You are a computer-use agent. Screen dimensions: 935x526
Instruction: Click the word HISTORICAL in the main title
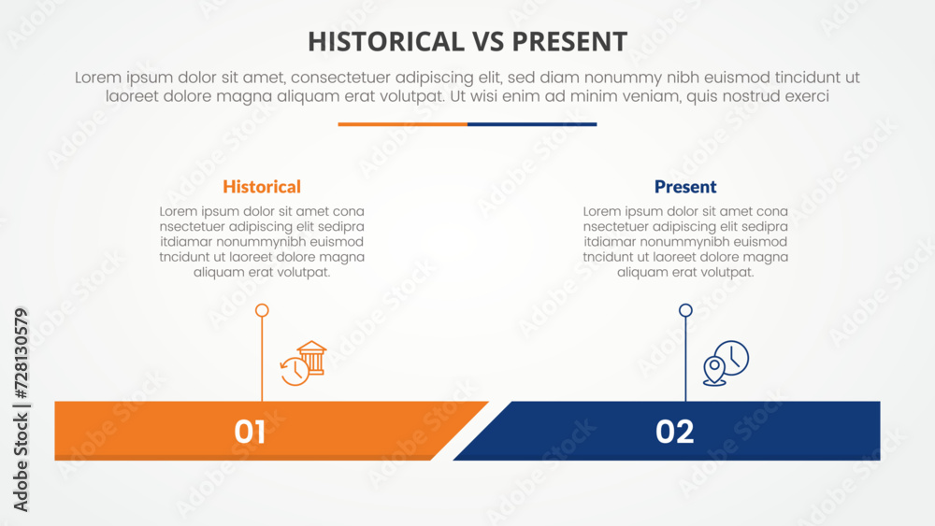click(x=386, y=42)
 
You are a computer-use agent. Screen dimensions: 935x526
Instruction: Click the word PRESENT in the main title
click(x=569, y=42)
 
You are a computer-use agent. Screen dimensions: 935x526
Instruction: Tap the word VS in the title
click(x=488, y=42)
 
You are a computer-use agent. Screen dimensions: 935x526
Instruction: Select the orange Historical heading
click(x=262, y=187)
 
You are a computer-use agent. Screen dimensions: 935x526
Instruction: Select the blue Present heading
click(x=685, y=187)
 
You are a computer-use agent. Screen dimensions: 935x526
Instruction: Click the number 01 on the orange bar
click(x=250, y=432)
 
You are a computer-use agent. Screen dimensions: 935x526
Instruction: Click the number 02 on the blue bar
click(x=674, y=432)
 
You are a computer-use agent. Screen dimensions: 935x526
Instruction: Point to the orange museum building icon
click(x=312, y=357)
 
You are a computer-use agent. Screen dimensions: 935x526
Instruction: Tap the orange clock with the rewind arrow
click(x=295, y=371)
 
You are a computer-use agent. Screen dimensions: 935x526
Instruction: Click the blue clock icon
click(x=732, y=358)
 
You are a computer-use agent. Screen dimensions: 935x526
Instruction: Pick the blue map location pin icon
click(x=714, y=371)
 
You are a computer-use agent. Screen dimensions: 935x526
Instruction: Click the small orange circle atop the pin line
click(x=262, y=310)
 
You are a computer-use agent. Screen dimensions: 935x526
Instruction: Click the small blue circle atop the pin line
click(x=685, y=310)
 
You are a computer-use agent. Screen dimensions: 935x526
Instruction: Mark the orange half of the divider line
click(x=402, y=124)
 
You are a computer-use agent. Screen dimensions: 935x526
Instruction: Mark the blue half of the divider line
click(x=532, y=124)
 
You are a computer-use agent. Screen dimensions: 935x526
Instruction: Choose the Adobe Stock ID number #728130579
click(x=21, y=353)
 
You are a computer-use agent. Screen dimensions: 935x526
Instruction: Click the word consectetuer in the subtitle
click(x=340, y=78)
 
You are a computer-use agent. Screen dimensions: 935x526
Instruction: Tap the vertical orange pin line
click(x=262, y=359)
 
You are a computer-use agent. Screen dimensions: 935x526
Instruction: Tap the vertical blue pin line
click(x=685, y=359)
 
